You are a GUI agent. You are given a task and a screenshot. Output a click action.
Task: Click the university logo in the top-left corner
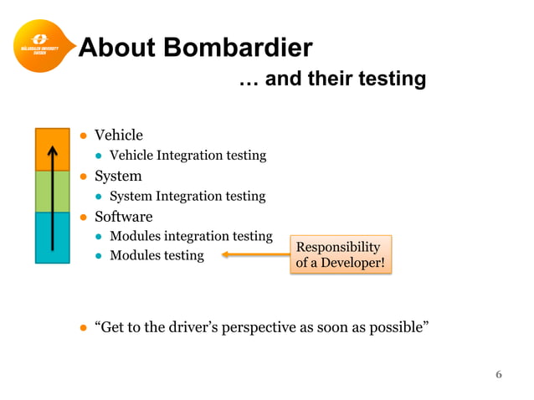coord(39,45)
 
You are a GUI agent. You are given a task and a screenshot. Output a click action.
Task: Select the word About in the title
coord(116,48)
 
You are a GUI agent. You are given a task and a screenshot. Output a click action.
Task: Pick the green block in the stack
coord(52,192)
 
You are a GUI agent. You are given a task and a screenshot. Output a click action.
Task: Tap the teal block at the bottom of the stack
coord(52,237)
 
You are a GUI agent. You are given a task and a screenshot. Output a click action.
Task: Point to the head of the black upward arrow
coord(52,151)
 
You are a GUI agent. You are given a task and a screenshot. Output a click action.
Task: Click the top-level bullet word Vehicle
coord(118,136)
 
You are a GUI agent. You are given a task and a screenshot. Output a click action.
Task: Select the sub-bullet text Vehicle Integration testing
coord(187,155)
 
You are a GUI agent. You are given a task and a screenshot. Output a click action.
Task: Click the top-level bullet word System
coord(117,176)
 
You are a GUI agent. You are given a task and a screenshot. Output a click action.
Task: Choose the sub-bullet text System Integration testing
coord(187,196)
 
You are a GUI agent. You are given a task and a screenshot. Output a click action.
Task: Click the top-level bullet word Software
coord(123,217)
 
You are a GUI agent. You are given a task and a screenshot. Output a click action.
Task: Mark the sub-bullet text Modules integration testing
coord(191,236)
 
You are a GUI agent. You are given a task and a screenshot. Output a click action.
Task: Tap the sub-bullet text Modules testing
coord(157,255)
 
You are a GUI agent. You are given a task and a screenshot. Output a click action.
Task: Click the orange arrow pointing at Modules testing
coord(254,255)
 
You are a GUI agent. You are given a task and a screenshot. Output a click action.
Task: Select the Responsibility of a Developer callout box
coord(340,255)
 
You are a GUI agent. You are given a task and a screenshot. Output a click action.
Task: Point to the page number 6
coord(499,374)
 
